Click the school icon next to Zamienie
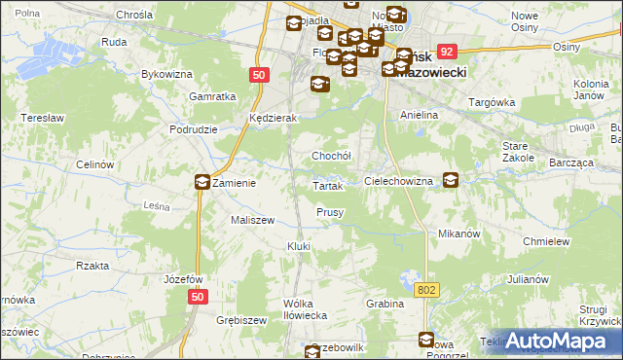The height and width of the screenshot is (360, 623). (x=202, y=181)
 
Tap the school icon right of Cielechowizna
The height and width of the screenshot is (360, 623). (x=451, y=180)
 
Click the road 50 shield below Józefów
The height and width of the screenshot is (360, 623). (x=198, y=298)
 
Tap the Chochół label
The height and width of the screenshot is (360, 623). (x=330, y=156)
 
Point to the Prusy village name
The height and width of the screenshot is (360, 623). (x=329, y=212)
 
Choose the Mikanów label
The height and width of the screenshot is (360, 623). (x=460, y=234)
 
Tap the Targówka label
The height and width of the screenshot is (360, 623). (x=491, y=102)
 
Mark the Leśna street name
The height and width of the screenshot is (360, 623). (x=157, y=206)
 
